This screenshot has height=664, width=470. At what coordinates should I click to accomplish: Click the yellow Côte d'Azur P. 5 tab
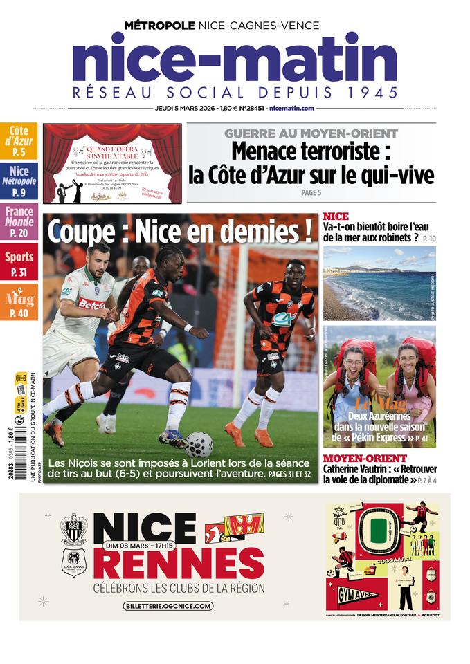19,141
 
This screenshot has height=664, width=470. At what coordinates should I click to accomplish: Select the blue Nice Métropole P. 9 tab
19,181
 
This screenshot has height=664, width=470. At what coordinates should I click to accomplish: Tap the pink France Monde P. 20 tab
19,222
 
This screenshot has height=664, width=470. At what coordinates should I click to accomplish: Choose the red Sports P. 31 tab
19,264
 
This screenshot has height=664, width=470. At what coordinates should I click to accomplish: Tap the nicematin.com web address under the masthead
292,108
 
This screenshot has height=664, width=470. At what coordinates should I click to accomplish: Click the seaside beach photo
379,282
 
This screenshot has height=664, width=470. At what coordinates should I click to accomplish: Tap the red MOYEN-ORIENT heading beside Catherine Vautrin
365,458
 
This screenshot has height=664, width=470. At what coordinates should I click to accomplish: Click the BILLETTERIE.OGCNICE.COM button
168,606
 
